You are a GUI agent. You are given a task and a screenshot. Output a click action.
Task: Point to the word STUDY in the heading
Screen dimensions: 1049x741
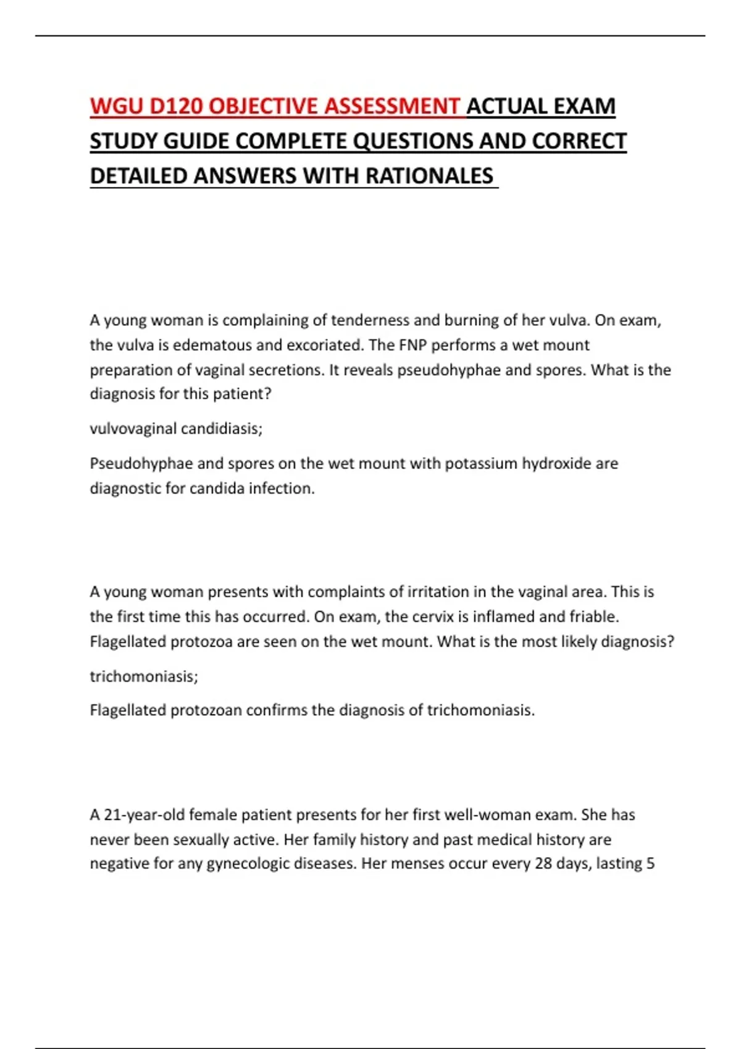[x=124, y=142]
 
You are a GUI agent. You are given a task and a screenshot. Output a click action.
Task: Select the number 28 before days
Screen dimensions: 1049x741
[x=543, y=863]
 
